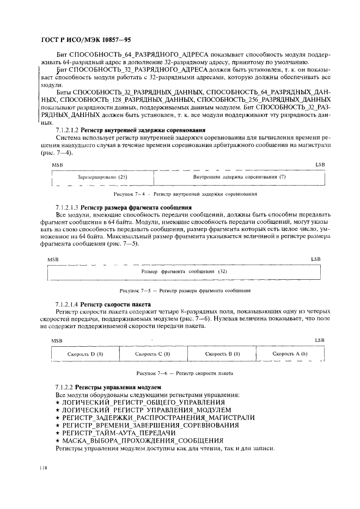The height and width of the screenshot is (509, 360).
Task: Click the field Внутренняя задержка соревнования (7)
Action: pyautogui.click(x=240, y=177)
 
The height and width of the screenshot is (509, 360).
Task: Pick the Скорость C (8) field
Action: pyautogui.click(x=153, y=354)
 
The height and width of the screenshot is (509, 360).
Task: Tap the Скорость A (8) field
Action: pyautogui.click(x=290, y=354)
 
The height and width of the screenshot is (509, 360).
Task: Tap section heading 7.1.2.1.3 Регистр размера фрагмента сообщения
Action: pyautogui.click(x=124, y=208)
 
